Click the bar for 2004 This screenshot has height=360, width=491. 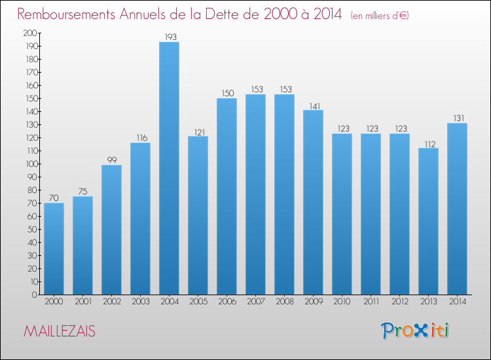tap(169, 168)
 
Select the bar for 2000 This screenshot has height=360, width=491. tap(54, 249)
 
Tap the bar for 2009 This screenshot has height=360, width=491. tap(313, 202)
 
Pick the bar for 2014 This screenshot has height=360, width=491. tap(457, 209)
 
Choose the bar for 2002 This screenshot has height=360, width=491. tap(111, 230)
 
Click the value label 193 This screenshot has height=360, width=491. tap(169, 37)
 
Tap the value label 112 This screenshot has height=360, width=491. tap(428, 143)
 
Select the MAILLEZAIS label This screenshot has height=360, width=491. tap(60, 332)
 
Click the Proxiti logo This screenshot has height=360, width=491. tap(415, 331)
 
